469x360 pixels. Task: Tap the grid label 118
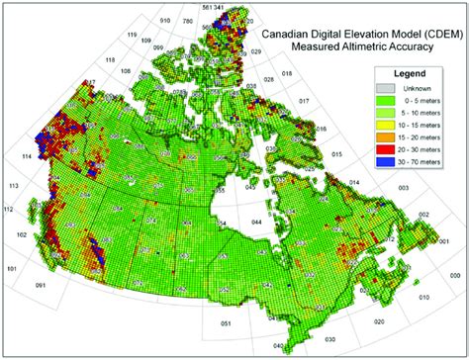(110, 60)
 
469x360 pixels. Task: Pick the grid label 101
(12, 268)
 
